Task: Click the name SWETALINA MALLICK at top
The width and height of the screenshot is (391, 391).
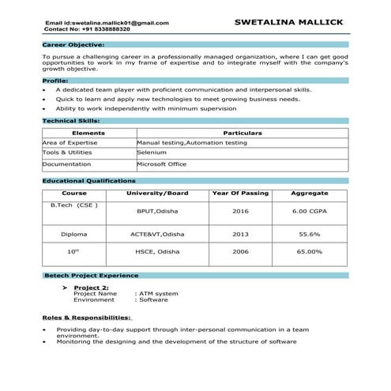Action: pos(289,22)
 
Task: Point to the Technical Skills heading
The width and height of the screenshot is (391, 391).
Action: pos(71,121)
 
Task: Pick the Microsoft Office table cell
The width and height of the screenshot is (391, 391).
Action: pos(161,164)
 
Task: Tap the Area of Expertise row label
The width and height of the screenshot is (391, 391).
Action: pos(70,142)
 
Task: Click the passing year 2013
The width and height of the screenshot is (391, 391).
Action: pos(240,235)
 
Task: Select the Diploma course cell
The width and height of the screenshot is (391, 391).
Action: pos(73,235)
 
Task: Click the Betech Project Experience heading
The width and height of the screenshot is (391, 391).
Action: pos(92,276)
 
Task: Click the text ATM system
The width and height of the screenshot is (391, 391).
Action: pos(159,294)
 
